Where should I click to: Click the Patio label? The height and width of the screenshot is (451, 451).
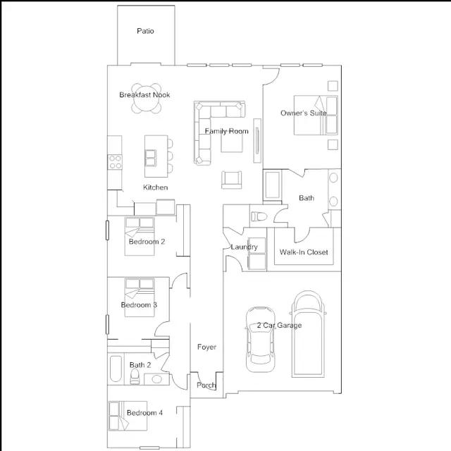pyautogui.click(x=145, y=31)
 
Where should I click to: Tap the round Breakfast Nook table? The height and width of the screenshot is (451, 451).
pyautogui.click(x=146, y=99)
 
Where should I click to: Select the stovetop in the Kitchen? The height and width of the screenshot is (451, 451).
pyautogui.click(x=115, y=162)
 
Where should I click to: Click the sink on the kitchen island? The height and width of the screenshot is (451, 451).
pyautogui.click(x=151, y=158)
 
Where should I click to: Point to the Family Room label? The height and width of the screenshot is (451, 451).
pyautogui.click(x=227, y=131)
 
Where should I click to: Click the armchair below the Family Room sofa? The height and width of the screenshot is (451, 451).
pyautogui.click(x=232, y=180)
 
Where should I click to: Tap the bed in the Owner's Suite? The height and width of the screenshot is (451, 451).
pyautogui.click(x=316, y=116)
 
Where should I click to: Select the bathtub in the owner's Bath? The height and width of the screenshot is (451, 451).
pyautogui.click(x=273, y=185)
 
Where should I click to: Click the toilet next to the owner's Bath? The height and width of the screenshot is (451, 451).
pyautogui.click(x=259, y=216)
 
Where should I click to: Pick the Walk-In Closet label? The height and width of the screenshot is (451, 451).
pyautogui.click(x=304, y=252)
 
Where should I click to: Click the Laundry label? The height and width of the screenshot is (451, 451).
pyautogui.click(x=245, y=247)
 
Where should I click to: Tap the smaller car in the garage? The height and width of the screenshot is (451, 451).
pyautogui.click(x=260, y=340)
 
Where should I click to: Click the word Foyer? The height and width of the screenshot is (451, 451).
pyautogui.click(x=206, y=347)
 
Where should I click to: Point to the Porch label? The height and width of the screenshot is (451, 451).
pyautogui.click(x=206, y=385)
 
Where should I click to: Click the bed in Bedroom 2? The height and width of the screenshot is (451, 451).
pyautogui.click(x=140, y=237)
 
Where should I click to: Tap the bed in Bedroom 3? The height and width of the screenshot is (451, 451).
pyautogui.click(x=140, y=297)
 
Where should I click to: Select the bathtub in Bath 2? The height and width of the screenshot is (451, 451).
pyautogui.click(x=116, y=369)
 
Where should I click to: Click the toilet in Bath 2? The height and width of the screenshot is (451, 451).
pyautogui.click(x=135, y=376)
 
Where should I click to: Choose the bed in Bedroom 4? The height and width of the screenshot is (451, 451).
pyautogui.click(x=128, y=416)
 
